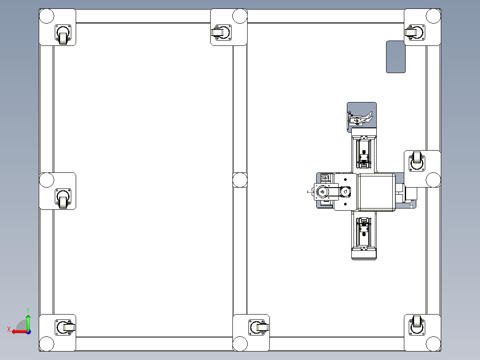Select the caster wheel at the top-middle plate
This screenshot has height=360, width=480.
click(221, 32)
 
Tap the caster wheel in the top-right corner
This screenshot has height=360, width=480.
click(415, 32)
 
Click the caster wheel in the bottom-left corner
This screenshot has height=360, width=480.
click(65, 327)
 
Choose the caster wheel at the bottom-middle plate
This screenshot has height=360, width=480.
click(259, 327)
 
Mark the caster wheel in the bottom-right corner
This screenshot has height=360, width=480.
click(417, 325)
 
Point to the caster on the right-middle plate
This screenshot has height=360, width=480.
click(417, 161)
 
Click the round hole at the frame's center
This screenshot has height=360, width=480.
click(240, 180)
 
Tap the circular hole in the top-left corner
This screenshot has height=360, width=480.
click(46, 16)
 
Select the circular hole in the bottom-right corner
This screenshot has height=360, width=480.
click(434, 344)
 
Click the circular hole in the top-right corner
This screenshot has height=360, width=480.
click(434, 16)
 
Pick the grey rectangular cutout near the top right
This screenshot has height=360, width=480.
click(396, 57)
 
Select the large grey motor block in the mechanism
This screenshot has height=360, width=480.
click(377, 192)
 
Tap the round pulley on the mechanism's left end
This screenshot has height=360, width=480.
click(322, 192)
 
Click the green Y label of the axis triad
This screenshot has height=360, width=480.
click(28, 310)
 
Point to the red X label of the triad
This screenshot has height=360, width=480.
click(9, 329)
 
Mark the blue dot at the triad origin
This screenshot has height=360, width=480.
click(28, 332)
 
